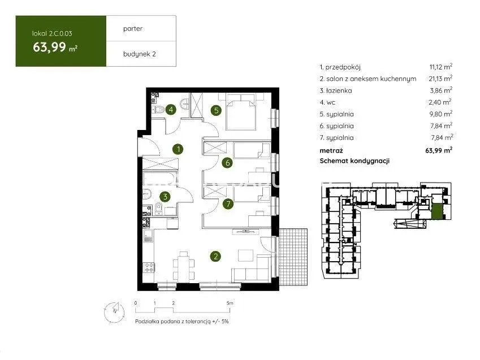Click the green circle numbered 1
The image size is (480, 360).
pyautogui.click(x=178, y=149)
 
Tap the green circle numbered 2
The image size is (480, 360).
pyautogui.click(x=216, y=256)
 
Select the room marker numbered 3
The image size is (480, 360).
pyautogui.click(x=165, y=197)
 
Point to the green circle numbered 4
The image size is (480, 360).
pyautogui.click(x=171, y=109)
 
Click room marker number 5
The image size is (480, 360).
pyautogui.click(x=217, y=110)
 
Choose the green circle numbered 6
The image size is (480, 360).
pyautogui.click(x=227, y=163)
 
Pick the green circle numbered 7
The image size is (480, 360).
pyautogui.click(x=228, y=203)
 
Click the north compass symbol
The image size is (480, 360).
pyautogui.click(x=115, y=312)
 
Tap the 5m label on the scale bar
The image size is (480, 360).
pyautogui.click(x=230, y=303)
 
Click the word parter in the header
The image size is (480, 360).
pyautogui.click(x=132, y=28)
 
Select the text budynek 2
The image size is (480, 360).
pyautogui.click(x=139, y=54)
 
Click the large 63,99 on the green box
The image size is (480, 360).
pyautogui.click(x=50, y=47)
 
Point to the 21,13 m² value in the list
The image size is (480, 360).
pyautogui.click(x=440, y=79)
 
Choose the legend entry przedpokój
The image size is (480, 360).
pyautogui.click(x=340, y=67)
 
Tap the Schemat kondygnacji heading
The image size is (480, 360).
pyautogui.click(x=354, y=161)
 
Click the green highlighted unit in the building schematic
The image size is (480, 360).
pyautogui.click(x=437, y=211)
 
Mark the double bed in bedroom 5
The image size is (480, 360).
pyautogui.click(x=241, y=112)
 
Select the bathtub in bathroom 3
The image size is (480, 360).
pyautogui.click(x=160, y=179)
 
